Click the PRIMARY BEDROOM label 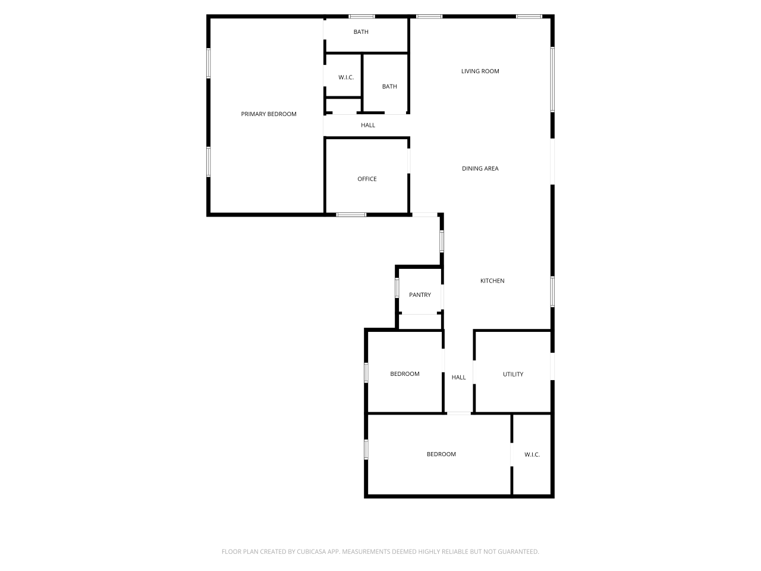pos(268,114)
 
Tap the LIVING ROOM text pos(480,71)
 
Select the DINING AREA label pos(480,169)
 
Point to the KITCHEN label pos(492,281)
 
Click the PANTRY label pos(420,295)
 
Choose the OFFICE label pos(367,179)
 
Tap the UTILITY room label pos(513,374)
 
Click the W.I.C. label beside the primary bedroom pos(346,77)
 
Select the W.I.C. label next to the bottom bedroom pos(532,454)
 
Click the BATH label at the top pos(361,32)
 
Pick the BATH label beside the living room pos(389,87)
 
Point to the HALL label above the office pos(368,126)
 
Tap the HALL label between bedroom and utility pos(458,377)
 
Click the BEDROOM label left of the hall pos(404,374)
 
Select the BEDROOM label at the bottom pos(441,454)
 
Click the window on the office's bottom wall pos(351,214)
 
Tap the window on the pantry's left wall pos(397,287)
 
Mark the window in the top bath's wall pos(361,16)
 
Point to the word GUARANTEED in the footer pos(517,552)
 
